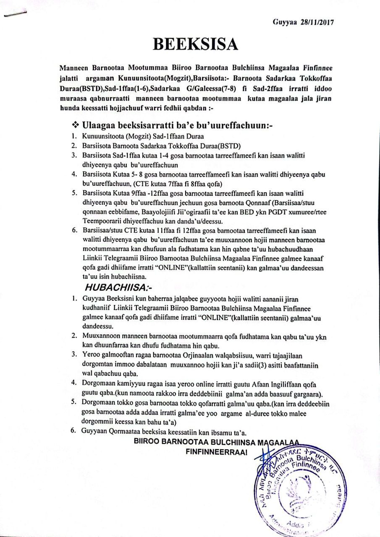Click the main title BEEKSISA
point(190,44)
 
